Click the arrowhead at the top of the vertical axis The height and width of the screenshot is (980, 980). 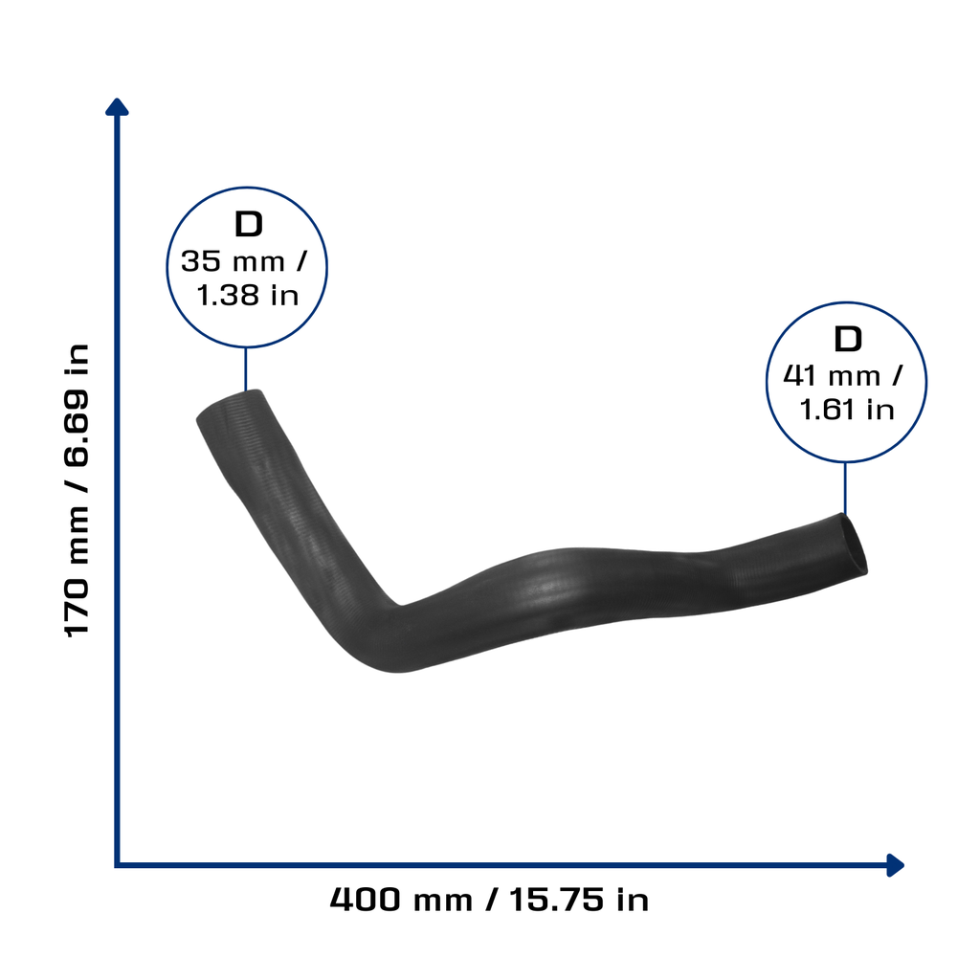pos(117,107)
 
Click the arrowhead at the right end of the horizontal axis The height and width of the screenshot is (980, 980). pos(896,865)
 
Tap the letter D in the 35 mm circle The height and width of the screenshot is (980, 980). pos(248,224)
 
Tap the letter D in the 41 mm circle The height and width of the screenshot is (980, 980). pos(848,340)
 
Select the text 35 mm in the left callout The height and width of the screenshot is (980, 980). pos(233,261)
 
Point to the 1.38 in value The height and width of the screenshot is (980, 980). pos(248,295)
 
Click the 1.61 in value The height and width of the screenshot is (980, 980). pos(847,410)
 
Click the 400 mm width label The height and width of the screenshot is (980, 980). pos(401,900)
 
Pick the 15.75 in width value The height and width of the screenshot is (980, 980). pos(579,900)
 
